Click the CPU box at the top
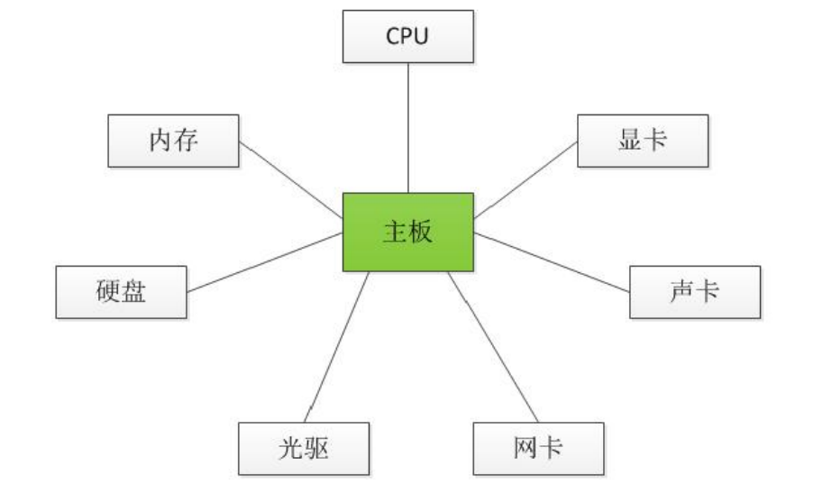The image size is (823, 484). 408,36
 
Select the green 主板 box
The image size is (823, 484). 408,233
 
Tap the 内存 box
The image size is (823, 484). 174,140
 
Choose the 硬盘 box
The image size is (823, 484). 122,292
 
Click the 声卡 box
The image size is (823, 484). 695,292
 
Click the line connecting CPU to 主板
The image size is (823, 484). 408,126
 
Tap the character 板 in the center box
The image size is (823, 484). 422,233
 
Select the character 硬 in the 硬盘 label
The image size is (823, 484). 108,292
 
